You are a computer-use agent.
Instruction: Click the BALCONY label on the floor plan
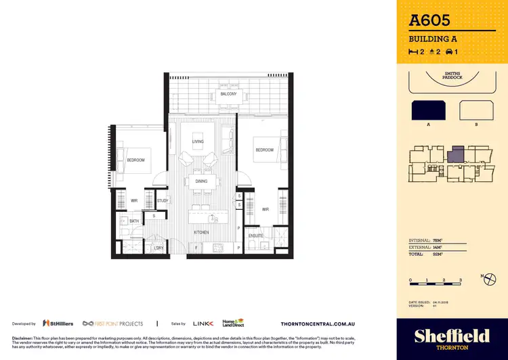click(x=228, y=94)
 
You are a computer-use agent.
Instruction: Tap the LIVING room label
click(x=198, y=141)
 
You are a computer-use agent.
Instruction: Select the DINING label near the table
click(x=201, y=181)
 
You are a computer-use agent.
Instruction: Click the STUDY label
click(x=163, y=200)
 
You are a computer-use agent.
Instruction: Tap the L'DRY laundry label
click(x=159, y=248)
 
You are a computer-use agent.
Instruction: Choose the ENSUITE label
click(x=256, y=235)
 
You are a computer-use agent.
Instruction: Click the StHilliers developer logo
click(x=58, y=323)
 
